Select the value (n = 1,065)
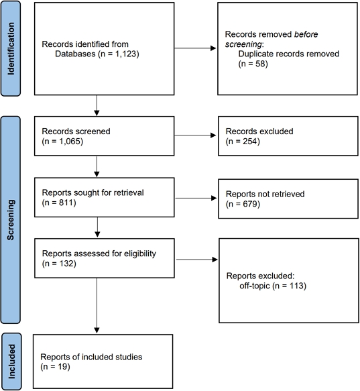click(x=62, y=142)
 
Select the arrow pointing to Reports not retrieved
click(x=189, y=199)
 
